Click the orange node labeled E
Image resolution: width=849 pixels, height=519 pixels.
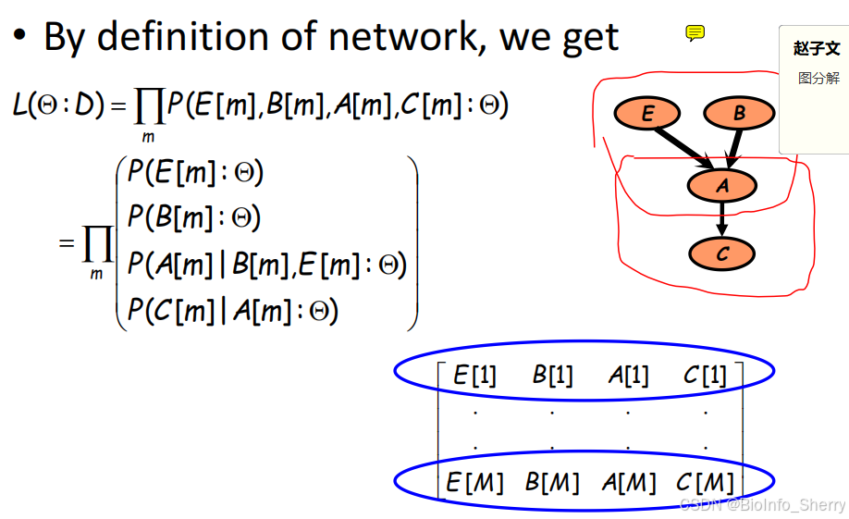tap(647, 114)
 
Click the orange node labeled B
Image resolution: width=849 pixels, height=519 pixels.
tap(738, 114)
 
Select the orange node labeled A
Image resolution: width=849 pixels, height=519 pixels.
tap(722, 186)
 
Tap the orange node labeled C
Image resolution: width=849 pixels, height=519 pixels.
tap(722, 254)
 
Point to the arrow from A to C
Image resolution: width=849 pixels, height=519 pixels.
tap(722, 220)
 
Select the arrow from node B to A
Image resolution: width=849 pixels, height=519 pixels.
tap(732, 149)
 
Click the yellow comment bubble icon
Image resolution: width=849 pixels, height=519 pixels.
tap(695, 34)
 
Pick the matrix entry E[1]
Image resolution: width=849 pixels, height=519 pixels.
tap(474, 375)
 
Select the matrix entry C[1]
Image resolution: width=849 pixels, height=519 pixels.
tap(705, 375)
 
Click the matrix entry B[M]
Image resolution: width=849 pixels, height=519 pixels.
tap(552, 482)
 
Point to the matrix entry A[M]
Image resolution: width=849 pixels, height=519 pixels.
tap(628, 482)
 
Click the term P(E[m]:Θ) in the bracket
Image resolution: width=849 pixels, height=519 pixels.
tap(196, 174)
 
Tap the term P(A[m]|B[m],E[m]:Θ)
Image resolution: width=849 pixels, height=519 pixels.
tap(266, 265)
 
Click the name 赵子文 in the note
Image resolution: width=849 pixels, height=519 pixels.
tap(817, 48)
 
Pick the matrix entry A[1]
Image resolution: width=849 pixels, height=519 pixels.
tap(628, 375)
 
